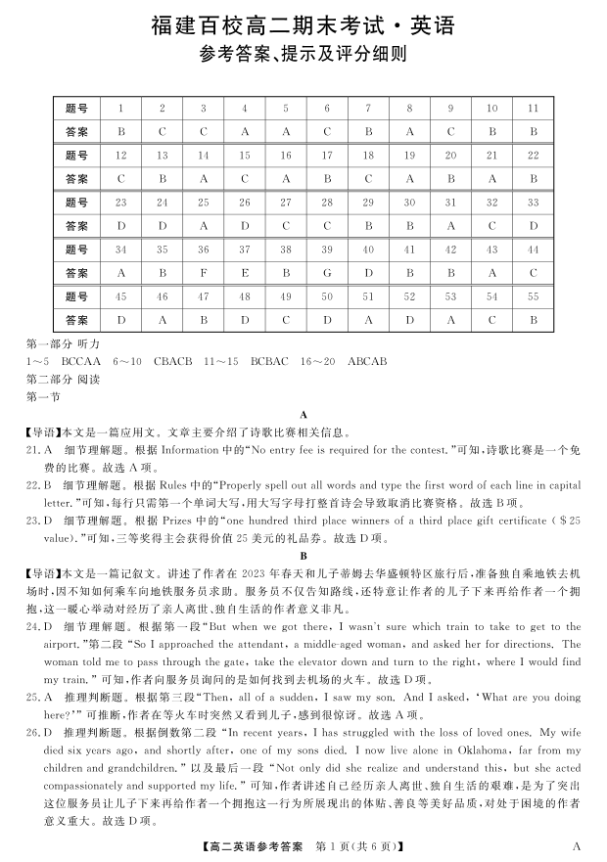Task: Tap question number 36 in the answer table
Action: [204, 250]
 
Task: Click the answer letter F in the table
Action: [204, 273]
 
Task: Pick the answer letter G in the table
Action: [327, 273]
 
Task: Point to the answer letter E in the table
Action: [245, 273]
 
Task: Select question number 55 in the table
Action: [534, 295]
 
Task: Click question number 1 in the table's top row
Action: [120, 108]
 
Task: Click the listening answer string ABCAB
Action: [367, 361]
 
